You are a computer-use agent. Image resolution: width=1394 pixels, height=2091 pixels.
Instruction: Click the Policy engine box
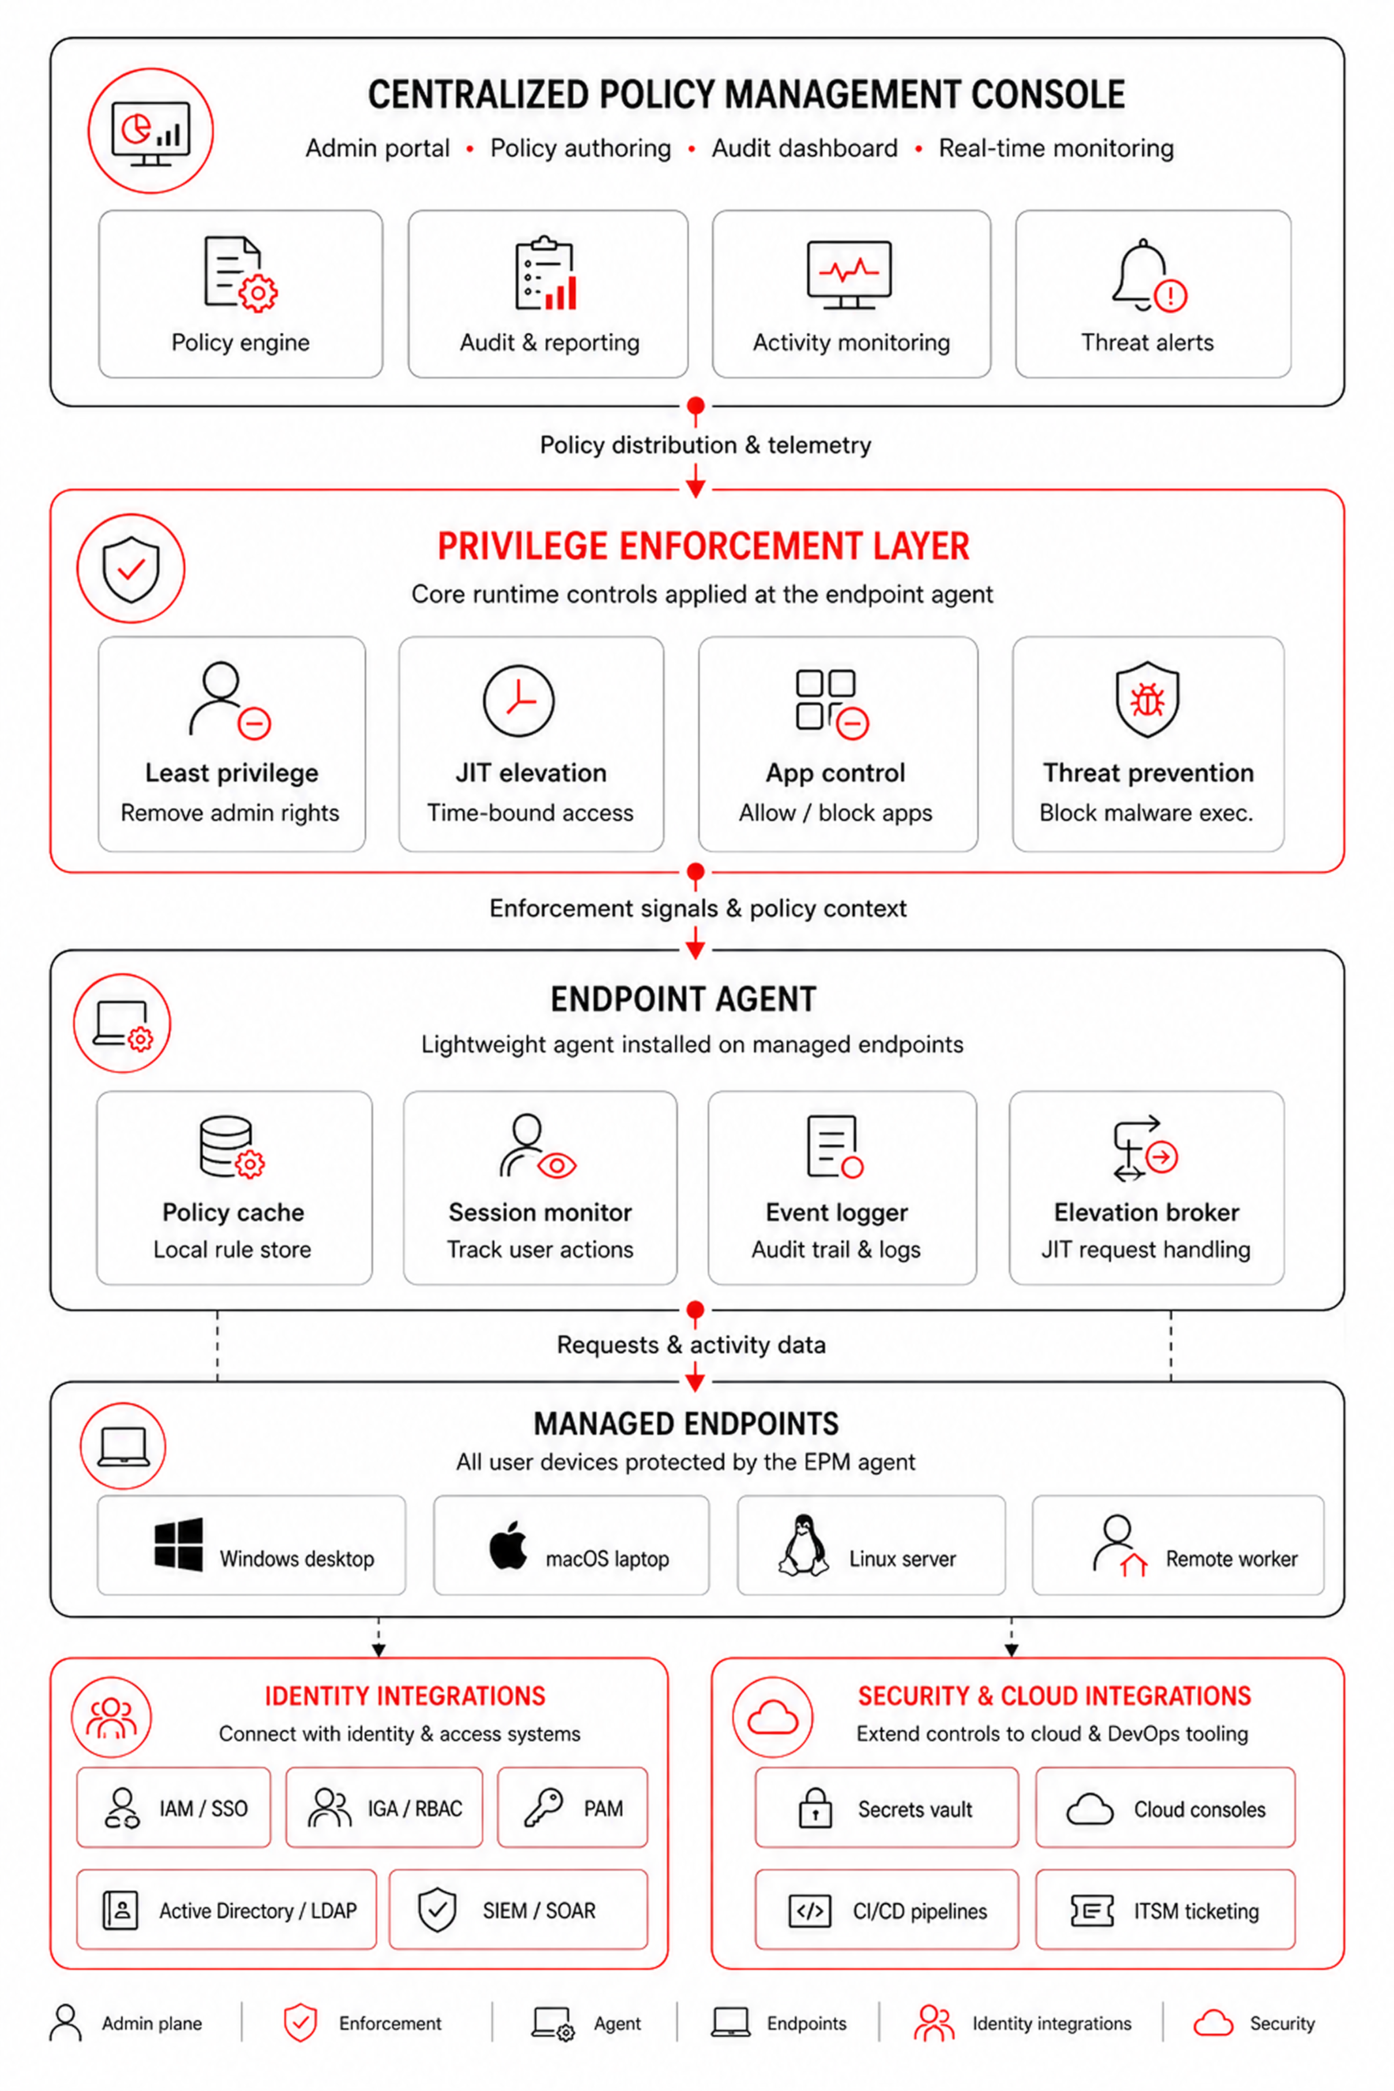pos(240,293)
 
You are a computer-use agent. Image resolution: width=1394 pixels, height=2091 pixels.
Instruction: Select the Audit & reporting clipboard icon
pos(546,273)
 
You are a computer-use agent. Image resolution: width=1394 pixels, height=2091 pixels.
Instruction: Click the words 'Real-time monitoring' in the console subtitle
pos(1056,148)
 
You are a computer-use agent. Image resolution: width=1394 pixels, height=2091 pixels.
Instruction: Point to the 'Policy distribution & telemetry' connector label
pos(705,444)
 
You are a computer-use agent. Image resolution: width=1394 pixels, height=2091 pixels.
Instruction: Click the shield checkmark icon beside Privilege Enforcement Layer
pos(131,568)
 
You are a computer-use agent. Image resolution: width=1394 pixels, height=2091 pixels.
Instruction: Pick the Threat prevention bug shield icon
pos(1147,699)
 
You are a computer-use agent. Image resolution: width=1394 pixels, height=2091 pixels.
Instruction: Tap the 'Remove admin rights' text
pos(230,813)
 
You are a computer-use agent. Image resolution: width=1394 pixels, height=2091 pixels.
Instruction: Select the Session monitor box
pos(540,1188)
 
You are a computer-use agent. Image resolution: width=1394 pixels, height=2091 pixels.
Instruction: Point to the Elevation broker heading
pos(1146,1213)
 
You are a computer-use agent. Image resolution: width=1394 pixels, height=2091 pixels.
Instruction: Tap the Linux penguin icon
pos(804,1545)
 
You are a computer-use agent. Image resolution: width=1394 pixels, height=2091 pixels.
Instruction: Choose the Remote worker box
pos(1178,1545)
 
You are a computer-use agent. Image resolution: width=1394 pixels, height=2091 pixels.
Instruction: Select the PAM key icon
pos(543,1807)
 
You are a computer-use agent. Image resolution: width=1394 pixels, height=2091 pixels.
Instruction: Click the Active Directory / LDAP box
pos(227,1910)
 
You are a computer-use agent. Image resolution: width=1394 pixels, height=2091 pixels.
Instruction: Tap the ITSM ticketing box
pos(1165,1910)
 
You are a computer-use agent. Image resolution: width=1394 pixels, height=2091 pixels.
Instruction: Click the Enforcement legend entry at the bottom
pos(363,2022)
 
